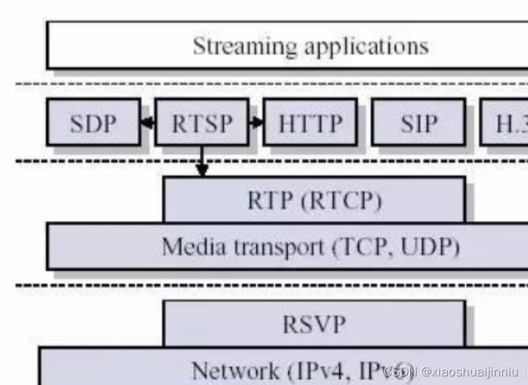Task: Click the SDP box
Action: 93,123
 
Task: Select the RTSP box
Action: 201,123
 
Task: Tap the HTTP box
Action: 310,123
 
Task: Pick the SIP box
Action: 418,123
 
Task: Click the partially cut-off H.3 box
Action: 505,123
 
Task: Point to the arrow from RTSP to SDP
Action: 148,123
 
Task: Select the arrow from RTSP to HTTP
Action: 256,123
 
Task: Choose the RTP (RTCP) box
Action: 314,200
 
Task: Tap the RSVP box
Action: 314,325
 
